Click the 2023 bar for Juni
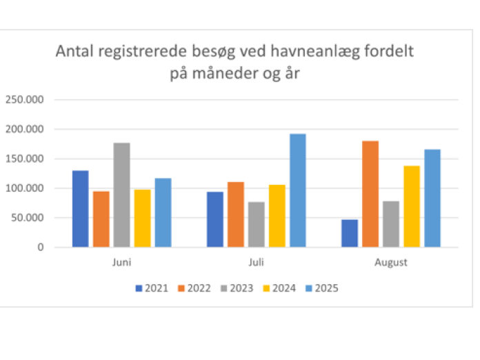122,194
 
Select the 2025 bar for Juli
298,190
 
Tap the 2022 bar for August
370,194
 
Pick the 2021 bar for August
350,233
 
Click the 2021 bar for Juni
81,208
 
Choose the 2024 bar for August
412,206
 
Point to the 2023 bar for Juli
257,224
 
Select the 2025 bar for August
432,198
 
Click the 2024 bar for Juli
277,215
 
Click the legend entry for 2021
152,288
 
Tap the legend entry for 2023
235,288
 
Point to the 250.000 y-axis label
25,99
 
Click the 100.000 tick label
25,188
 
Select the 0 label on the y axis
41,247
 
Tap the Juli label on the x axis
256,263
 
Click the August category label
390,263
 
